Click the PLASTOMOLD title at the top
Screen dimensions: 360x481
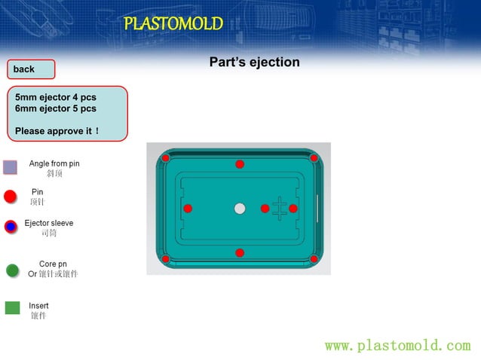[x=173, y=24]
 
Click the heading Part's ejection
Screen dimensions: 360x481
[x=254, y=63]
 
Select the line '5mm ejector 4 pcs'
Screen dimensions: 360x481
[x=56, y=98]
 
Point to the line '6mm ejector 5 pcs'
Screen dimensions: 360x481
[x=56, y=108]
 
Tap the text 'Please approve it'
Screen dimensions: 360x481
[x=57, y=131]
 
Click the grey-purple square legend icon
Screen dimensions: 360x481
[x=10, y=167]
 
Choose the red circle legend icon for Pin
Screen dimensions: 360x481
[x=10, y=197]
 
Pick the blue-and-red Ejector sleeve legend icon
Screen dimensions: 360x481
[x=11, y=227]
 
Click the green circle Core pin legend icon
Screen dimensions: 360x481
[x=12, y=270]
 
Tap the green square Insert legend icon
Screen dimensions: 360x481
[x=12, y=307]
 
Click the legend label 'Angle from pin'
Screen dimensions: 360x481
[x=54, y=163]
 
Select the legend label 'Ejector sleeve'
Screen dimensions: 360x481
[x=49, y=224]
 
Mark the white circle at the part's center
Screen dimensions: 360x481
[x=240, y=208]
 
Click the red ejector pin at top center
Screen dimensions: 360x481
[x=240, y=164]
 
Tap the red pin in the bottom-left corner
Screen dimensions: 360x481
[x=166, y=259]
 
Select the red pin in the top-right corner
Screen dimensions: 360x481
[x=314, y=157]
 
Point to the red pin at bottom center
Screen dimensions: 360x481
[x=240, y=253]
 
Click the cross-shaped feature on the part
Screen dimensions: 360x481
[x=279, y=209]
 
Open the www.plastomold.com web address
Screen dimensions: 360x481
[x=397, y=346]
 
